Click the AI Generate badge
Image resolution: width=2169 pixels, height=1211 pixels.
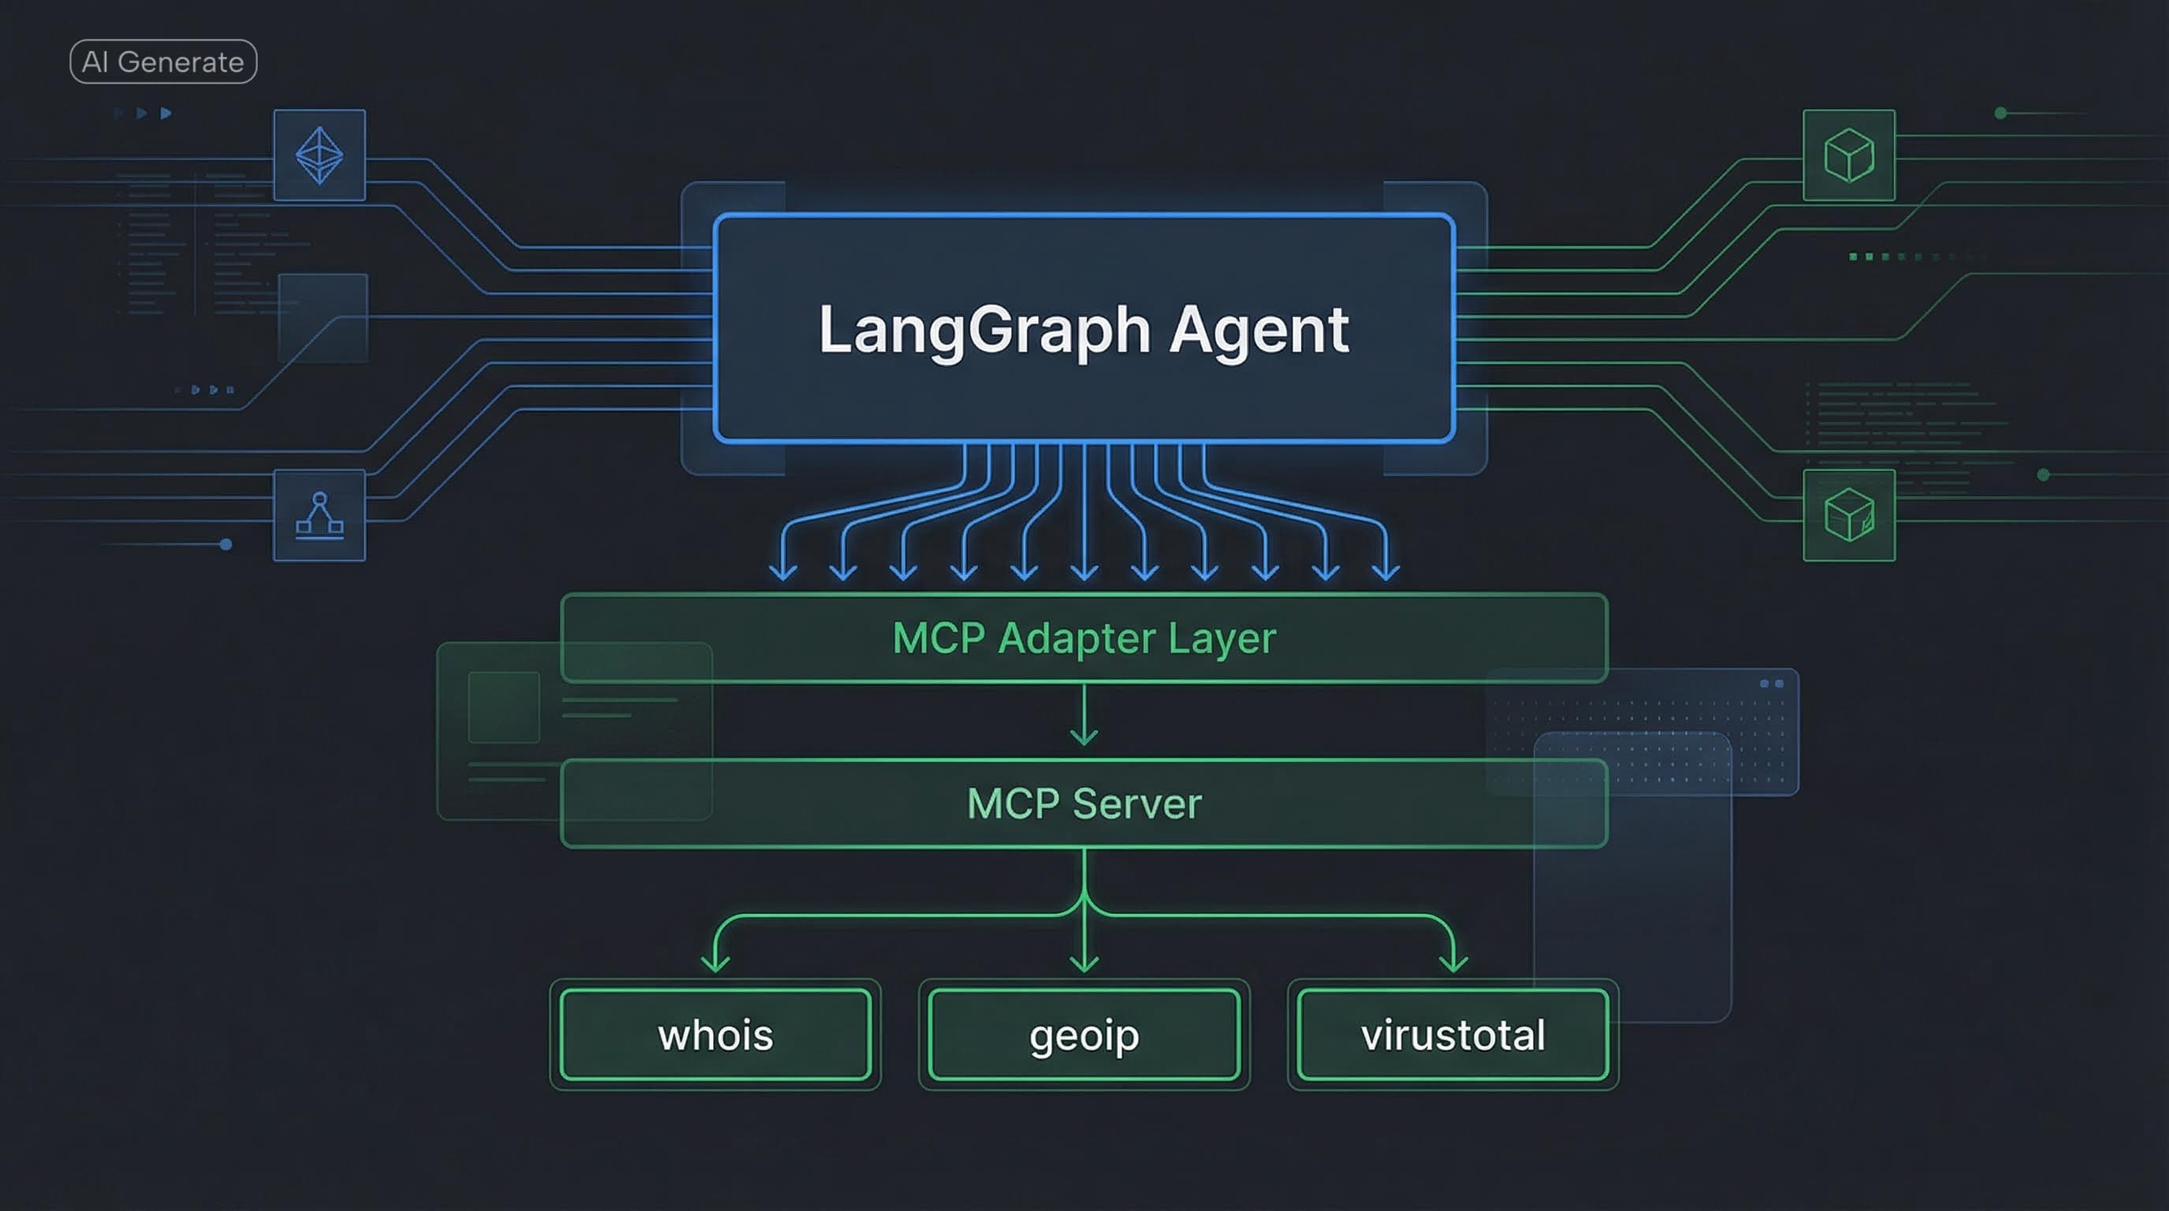click(163, 61)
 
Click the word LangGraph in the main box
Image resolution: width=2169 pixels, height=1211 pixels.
click(984, 330)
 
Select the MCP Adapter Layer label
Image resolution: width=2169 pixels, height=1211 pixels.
click(1084, 639)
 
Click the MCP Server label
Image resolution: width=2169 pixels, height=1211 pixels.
click(1084, 803)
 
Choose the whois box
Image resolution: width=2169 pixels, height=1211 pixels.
click(716, 1034)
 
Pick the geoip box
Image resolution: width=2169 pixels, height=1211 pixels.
click(1084, 1034)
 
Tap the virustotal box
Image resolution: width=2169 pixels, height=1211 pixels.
click(1453, 1034)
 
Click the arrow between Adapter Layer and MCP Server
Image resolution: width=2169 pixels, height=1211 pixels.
click(1084, 716)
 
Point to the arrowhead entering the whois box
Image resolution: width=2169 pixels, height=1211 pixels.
click(716, 963)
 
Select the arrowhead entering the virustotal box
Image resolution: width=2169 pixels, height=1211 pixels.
click(1453, 963)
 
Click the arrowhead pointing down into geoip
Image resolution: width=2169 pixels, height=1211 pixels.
click(1084, 963)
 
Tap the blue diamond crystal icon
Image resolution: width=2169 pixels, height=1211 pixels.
click(319, 155)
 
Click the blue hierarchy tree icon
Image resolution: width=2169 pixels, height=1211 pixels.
click(319, 516)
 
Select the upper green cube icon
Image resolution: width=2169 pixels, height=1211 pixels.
click(1848, 155)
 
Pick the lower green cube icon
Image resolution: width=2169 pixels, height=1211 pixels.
click(1848, 516)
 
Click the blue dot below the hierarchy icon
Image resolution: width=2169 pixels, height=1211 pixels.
click(225, 544)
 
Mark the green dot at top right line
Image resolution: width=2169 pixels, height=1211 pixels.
click(2000, 113)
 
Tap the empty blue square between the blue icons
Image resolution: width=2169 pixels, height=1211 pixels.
click(323, 318)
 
